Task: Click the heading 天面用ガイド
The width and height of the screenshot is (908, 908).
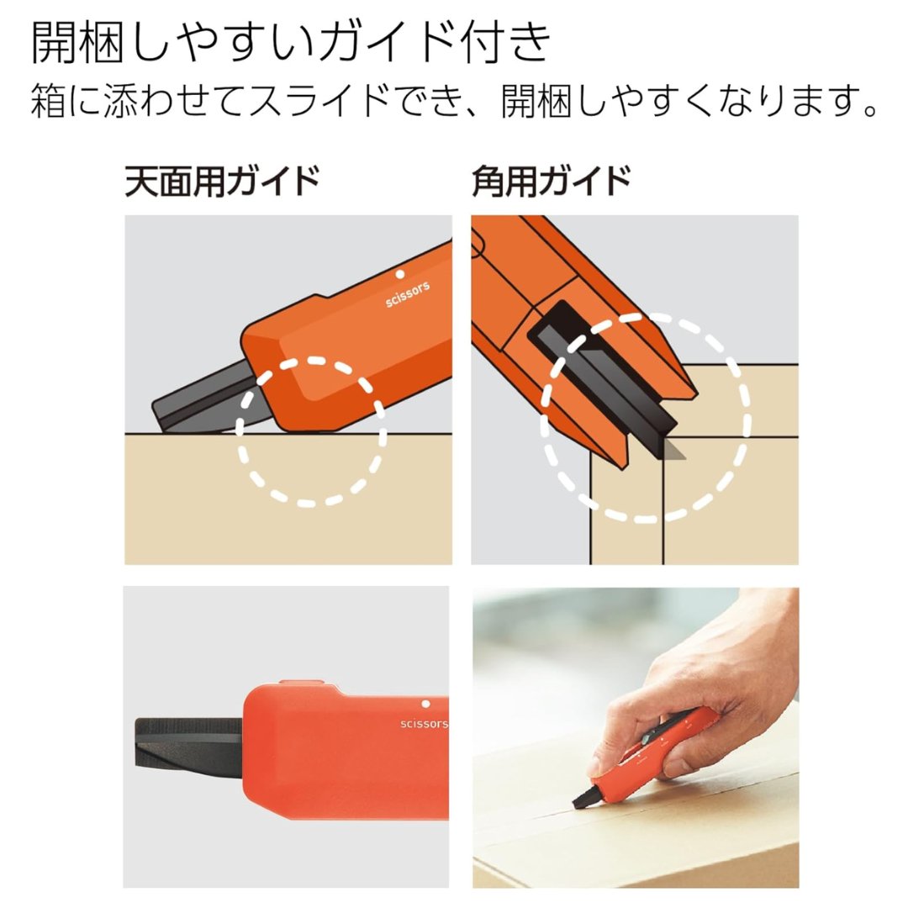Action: [222, 182]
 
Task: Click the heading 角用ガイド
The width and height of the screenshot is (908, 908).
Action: [552, 182]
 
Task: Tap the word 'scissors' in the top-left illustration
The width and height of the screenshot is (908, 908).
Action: [409, 293]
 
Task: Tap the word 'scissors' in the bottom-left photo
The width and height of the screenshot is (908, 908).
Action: [424, 724]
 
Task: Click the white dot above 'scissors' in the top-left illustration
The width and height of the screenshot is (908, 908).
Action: [399, 274]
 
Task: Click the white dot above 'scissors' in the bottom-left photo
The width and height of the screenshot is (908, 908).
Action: [425, 705]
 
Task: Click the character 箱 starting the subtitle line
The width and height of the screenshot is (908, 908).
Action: [48, 100]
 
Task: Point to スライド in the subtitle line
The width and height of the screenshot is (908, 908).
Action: [319, 100]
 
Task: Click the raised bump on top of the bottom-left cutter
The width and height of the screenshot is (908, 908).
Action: [301, 684]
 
